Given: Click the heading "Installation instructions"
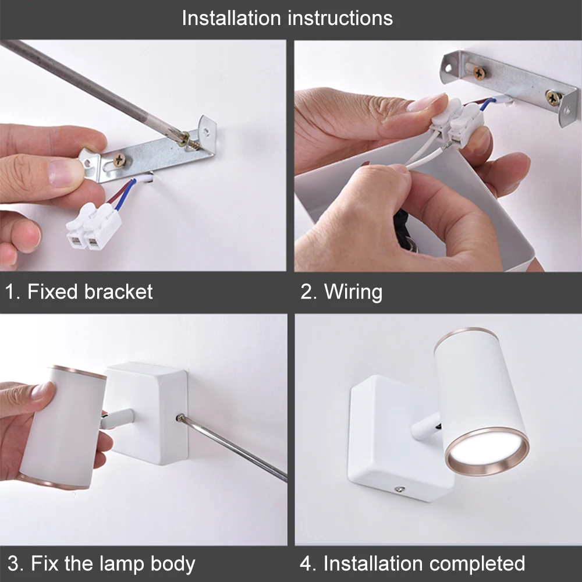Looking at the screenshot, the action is pos(288,18).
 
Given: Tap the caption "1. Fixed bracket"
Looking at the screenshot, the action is pos(79,292).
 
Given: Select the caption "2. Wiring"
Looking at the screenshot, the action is pos(341,292).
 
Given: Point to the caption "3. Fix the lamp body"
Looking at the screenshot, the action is pos(101,564).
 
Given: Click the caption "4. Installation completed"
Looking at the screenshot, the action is pos(413,563).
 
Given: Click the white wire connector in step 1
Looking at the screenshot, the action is pos(94,226).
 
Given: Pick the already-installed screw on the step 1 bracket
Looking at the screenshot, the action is pos(119,161).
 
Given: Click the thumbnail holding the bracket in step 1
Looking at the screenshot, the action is pos(65,173).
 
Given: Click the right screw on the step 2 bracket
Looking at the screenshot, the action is pos(553,97).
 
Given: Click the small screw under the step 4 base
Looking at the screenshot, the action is pos(399,489).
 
